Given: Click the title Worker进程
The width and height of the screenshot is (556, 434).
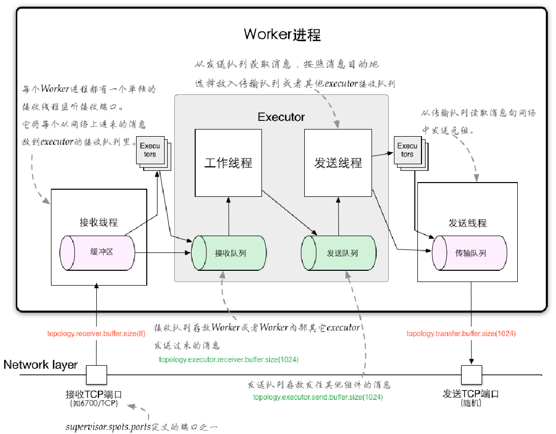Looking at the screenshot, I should (282, 35).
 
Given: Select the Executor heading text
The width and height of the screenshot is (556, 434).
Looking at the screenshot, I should (281, 117).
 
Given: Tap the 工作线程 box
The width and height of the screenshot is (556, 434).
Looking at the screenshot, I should (228, 163).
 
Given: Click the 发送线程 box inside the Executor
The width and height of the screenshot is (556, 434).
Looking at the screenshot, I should (338, 163).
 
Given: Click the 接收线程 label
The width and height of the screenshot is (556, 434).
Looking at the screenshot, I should (99, 223).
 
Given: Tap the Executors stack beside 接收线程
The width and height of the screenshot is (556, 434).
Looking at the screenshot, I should (151, 151).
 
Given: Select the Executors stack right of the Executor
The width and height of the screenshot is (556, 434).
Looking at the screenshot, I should (408, 151).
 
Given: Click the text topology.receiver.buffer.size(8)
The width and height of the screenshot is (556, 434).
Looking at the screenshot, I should (96, 334).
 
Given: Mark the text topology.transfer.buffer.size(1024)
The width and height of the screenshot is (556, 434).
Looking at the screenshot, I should (461, 334).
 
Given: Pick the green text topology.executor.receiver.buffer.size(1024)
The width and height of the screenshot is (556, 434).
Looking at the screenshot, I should (229, 360).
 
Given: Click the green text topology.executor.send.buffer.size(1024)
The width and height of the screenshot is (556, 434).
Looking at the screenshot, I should (318, 397).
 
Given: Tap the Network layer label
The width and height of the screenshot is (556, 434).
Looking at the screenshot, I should (41, 365).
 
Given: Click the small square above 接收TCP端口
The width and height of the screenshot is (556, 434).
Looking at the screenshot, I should (96, 375).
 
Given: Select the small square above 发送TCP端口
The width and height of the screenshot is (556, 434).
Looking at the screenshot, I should (471, 375).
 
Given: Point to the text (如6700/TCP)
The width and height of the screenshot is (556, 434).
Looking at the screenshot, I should (94, 403).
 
